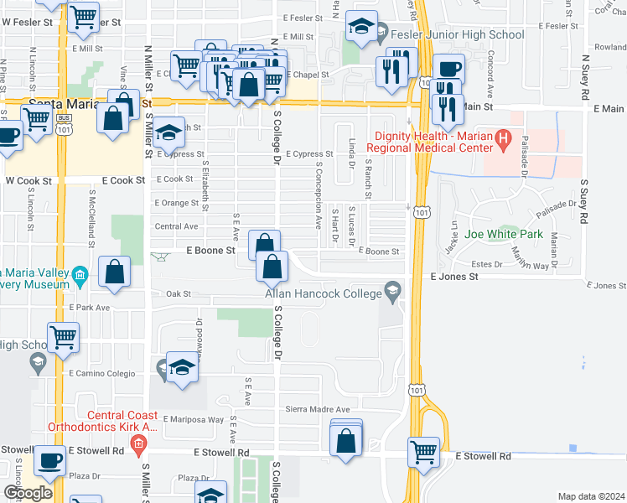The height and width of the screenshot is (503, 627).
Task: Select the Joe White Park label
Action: click(x=504, y=235)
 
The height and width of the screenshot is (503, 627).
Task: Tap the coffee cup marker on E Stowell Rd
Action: click(x=49, y=460)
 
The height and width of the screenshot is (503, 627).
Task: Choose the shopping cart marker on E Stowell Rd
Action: click(x=423, y=452)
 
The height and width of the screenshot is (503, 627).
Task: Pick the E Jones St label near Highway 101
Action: click(x=453, y=276)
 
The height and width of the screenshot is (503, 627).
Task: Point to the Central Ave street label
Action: click(x=176, y=226)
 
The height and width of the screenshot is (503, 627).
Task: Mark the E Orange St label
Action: click(x=175, y=203)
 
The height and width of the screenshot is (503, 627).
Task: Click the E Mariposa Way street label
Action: click(x=194, y=419)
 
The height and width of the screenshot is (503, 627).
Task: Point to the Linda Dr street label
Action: click(x=352, y=151)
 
